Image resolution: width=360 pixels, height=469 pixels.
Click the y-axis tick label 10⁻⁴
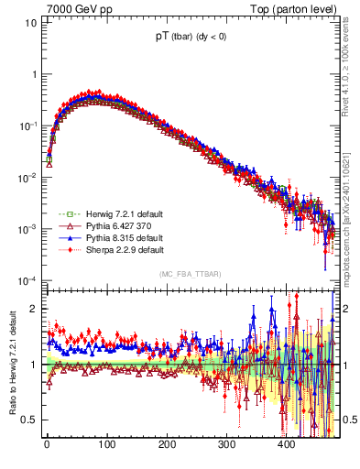coord(27,280)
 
